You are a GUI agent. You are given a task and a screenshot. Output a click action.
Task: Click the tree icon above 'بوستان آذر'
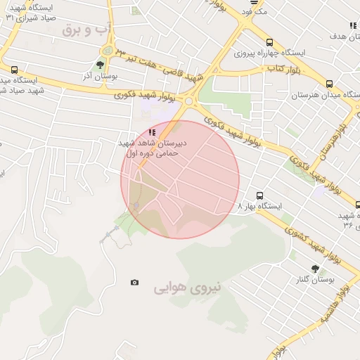click(x=100, y=66)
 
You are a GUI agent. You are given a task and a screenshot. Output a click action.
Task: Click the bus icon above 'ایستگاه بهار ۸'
click(x=259, y=195)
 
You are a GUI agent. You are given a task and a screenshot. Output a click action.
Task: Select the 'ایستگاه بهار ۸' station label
click(x=259, y=207)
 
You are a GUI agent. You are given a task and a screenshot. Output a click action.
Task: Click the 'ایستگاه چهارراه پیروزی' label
click(x=279, y=53)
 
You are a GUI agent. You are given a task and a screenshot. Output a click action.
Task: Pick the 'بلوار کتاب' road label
click(x=283, y=68)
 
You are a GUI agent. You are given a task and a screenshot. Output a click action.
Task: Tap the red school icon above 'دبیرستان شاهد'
click(x=152, y=131)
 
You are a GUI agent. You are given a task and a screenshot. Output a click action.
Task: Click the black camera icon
click(x=134, y=283)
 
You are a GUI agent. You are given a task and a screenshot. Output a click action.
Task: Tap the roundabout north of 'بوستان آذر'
click(x=107, y=51)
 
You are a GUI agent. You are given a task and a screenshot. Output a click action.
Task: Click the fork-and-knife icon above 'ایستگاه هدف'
click(x=352, y=26)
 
